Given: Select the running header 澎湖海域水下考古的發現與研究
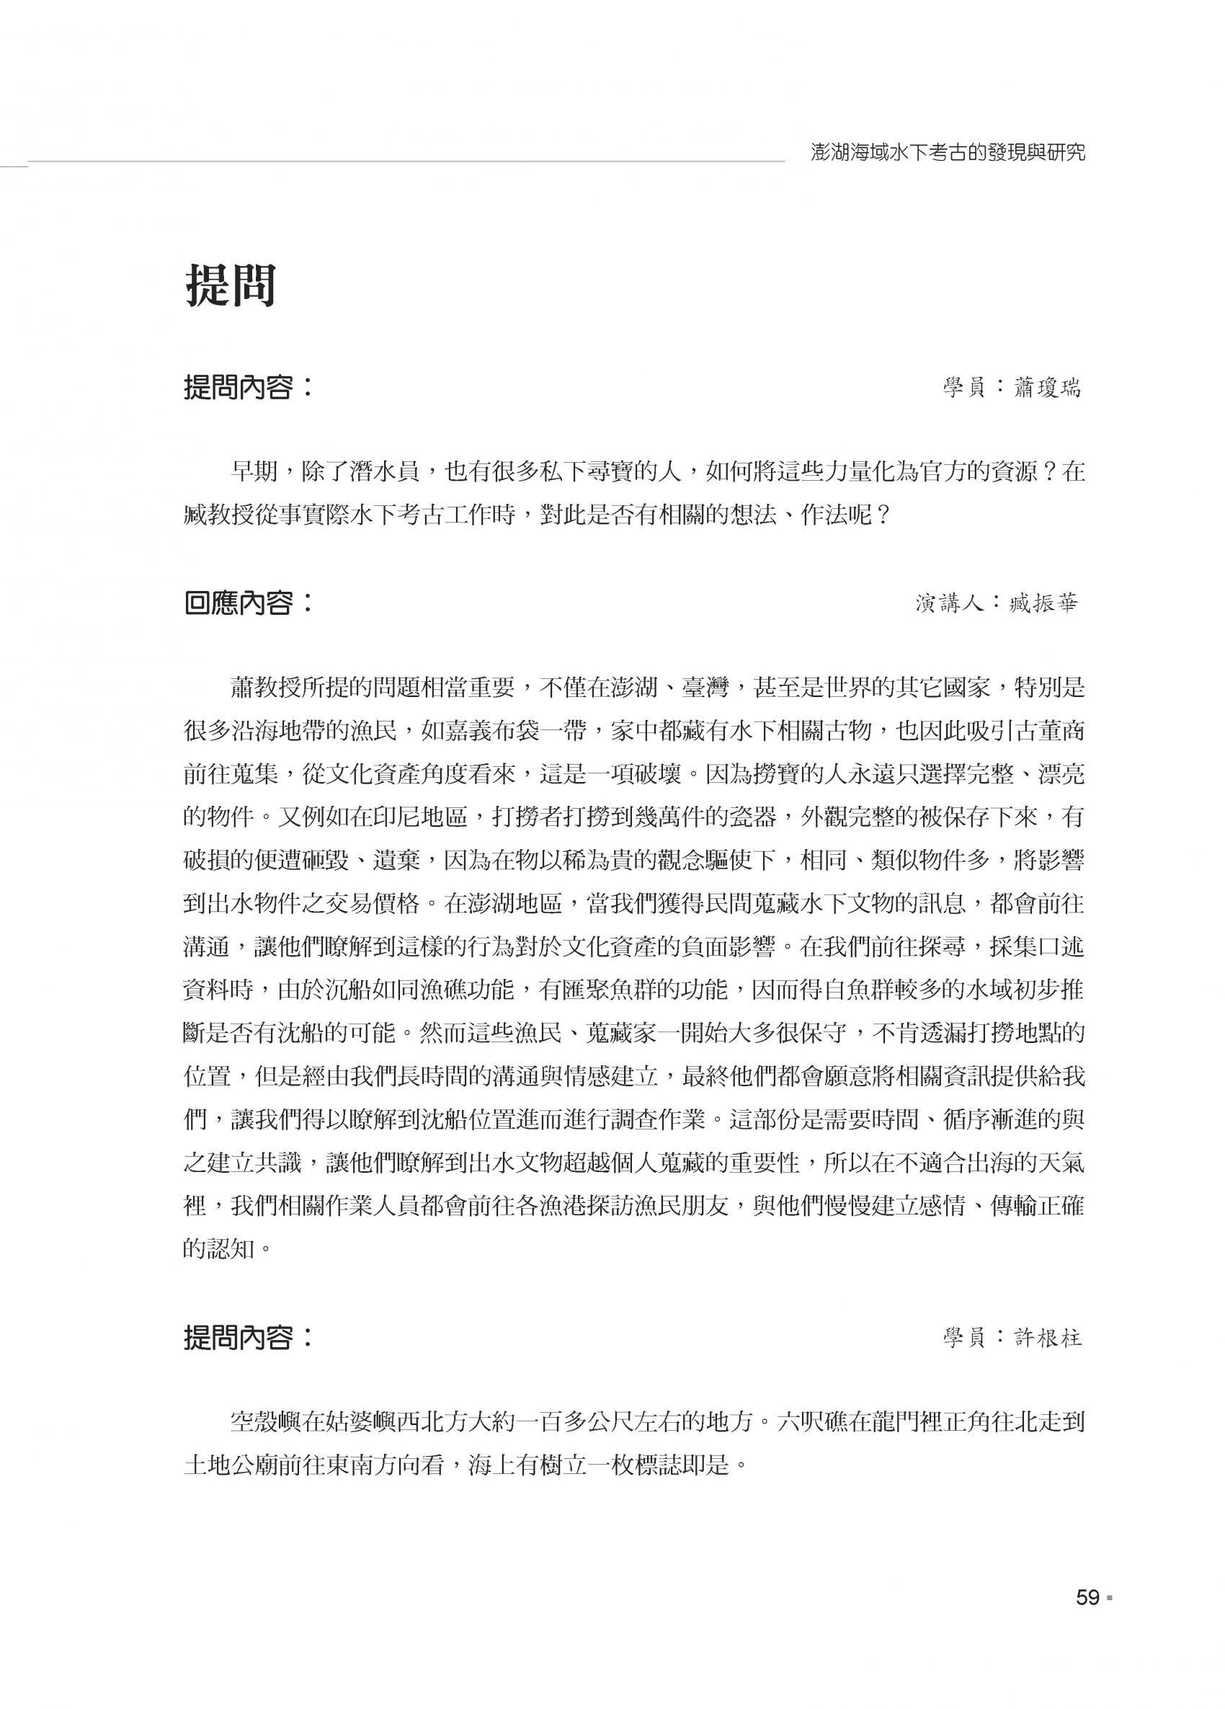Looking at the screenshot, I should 948,153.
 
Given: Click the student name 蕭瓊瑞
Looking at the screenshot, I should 1046,388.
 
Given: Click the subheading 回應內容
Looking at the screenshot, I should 238,603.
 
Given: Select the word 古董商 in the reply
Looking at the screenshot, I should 1048,730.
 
